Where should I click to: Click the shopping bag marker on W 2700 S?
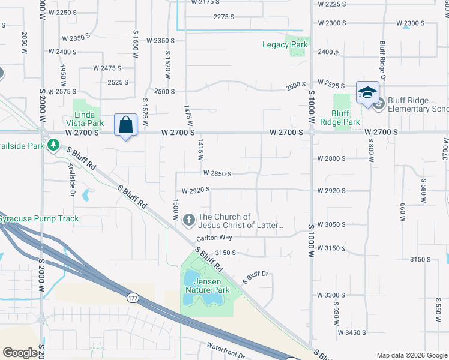pyautogui.click(x=125, y=126)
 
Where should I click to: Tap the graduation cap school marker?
pyautogui.click(x=367, y=93)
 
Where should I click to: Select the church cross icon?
pyautogui.click(x=189, y=220)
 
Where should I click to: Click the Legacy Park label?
pyautogui.click(x=285, y=44)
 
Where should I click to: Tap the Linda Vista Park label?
pyautogui.click(x=89, y=118)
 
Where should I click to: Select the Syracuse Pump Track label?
pyautogui.click(x=39, y=218)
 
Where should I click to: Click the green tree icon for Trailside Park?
pyautogui.click(x=53, y=145)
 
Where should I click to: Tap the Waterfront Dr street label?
pyautogui.click(x=227, y=347)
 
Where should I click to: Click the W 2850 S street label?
pyautogui.click(x=217, y=173)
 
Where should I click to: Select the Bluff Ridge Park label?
pyautogui.click(x=340, y=117)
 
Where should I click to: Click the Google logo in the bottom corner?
pyautogui.click(x=20, y=352)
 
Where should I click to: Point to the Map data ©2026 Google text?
pyautogui.click(x=412, y=355)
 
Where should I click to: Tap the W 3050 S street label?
pyautogui.click(x=331, y=224)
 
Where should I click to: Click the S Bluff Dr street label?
pyautogui.click(x=255, y=277)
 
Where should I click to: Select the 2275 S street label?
pyautogui.click(x=223, y=17)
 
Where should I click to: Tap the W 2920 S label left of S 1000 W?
pyautogui.click(x=196, y=190)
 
